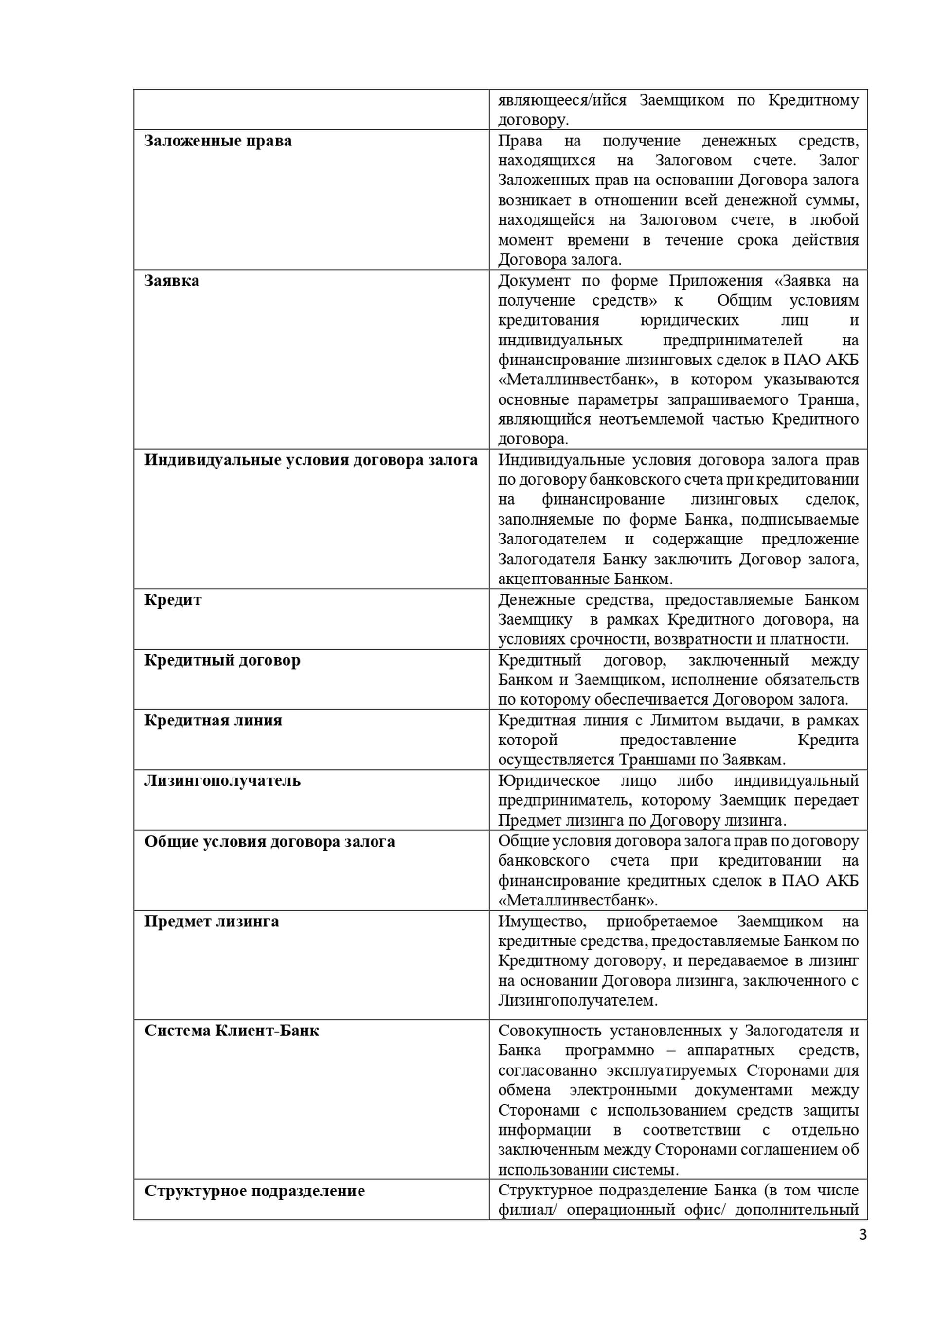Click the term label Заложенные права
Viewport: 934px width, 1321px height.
click(217, 141)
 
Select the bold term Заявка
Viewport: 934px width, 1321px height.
click(171, 281)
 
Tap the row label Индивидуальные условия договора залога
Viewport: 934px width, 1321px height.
click(310, 460)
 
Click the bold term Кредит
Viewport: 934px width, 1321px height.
click(173, 600)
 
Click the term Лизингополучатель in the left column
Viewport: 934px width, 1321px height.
click(222, 781)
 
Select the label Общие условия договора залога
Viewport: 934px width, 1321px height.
click(269, 842)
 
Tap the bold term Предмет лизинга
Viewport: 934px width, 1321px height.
click(211, 921)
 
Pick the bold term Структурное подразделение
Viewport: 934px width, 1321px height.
click(254, 1191)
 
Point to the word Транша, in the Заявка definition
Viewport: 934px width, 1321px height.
click(828, 399)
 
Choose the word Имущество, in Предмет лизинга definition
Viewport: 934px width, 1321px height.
click(542, 921)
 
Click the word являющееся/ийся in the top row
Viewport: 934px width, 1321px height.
click(562, 100)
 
